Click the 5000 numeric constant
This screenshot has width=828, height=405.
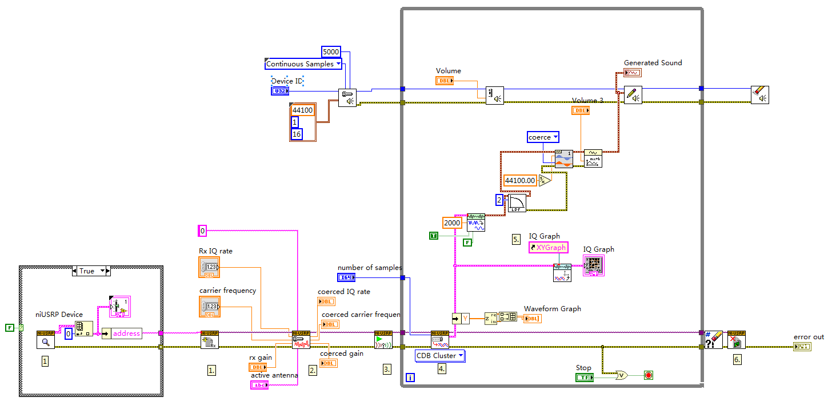click(331, 51)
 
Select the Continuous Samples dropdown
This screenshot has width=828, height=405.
click(303, 64)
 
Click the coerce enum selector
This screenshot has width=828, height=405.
click(542, 137)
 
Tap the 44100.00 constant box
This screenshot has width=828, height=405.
click(520, 181)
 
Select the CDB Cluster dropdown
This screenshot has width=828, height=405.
click(440, 356)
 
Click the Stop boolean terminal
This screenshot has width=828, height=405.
click(585, 377)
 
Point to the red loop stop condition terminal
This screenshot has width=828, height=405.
click(648, 375)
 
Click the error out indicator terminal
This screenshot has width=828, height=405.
click(802, 347)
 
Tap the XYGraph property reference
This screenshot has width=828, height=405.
click(548, 248)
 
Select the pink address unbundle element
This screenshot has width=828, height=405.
click(126, 333)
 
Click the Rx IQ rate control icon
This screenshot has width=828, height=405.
click(209, 267)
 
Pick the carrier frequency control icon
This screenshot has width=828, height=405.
click(209, 307)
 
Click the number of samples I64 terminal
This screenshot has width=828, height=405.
click(346, 277)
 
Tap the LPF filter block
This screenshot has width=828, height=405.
click(517, 204)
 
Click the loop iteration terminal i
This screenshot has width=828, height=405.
click(410, 378)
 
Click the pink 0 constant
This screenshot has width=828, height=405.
click(202, 231)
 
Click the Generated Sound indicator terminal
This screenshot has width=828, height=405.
click(633, 73)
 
